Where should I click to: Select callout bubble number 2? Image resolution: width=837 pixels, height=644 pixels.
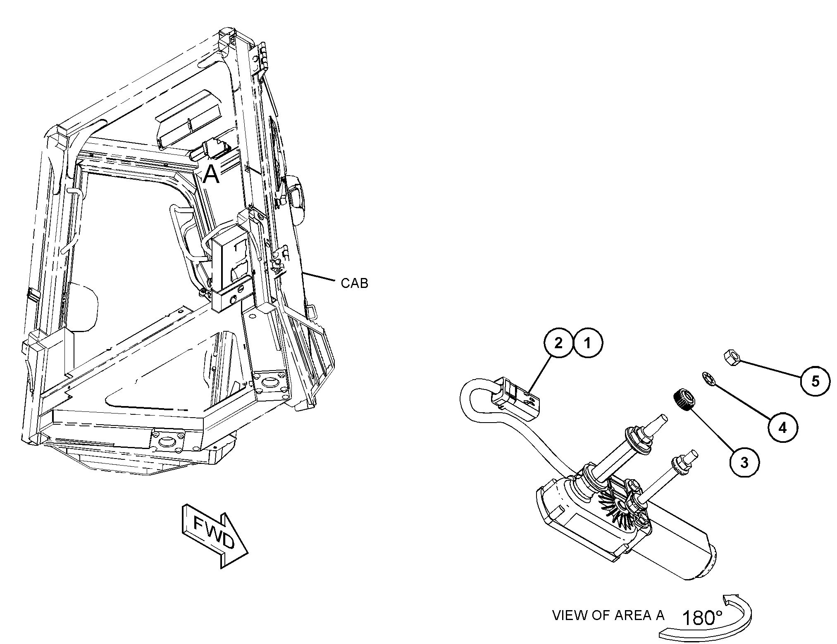pyautogui.click(x=558, y=343)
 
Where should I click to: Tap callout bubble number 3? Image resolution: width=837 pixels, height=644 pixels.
pyautogui.click(x=744, y=463)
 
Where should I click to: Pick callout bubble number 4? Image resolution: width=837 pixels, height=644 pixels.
pyautogui.click(x=782, y=428)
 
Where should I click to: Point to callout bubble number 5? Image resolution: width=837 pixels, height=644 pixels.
pyautogui.click(x=815, y=381)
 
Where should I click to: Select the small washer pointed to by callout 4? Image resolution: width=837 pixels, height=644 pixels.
pyautogui.click(x=708, y=379)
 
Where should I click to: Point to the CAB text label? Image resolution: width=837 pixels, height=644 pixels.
pyautogui.click(x=354, y=283)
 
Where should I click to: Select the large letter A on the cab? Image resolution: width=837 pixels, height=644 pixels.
pyautogui.click(x=211, y=174)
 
